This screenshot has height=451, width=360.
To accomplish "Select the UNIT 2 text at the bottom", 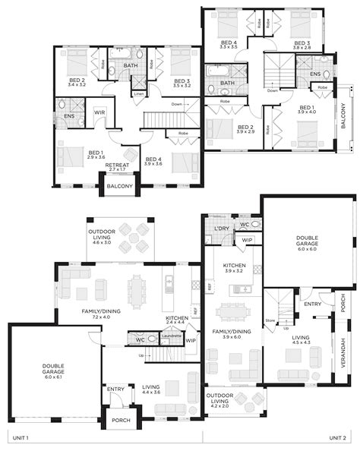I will coord(337,438).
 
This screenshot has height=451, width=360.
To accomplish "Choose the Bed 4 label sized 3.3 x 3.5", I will coord(228,45).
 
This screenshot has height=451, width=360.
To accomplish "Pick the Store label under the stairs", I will coord(270,320).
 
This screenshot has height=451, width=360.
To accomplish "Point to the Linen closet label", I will coord(138,93).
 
